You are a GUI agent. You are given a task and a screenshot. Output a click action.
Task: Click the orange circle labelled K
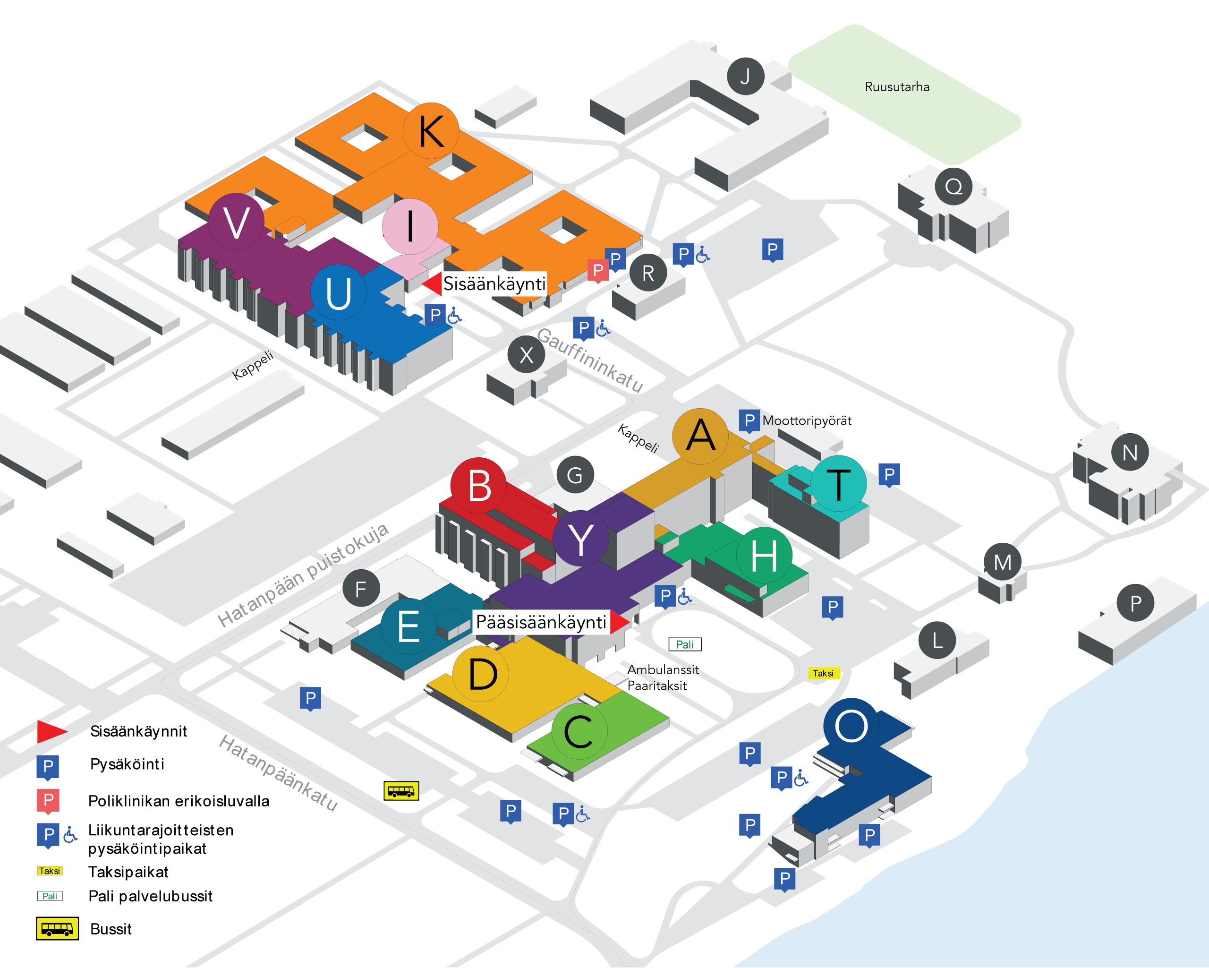pyautogui.click(x=431, y=131)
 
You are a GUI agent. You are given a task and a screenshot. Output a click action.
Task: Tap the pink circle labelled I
pyautogui.click(x=410, y=226)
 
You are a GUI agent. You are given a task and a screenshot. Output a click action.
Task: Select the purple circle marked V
pyautogui.click(x=236, y=222)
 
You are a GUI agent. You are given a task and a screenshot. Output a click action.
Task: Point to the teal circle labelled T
pyautogui.click(x=838, y=483)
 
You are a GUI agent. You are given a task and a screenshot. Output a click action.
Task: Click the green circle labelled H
pyautogui.click(x=764, y=555)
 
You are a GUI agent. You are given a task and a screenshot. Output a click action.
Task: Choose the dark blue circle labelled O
pyautogui.click(x=851, y=726)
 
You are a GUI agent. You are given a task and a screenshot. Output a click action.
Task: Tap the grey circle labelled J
pyautogui.click(x=745, y=76)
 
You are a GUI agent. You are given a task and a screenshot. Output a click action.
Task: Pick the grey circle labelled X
pyautogui.click(x=526, y=354)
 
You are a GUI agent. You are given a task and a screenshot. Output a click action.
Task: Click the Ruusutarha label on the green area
pyautogui.click(x=897, y=87)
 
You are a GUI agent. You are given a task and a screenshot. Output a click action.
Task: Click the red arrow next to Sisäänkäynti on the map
pyautogui.click(x=432, y=284)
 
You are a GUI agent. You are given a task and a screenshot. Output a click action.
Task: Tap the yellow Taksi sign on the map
pyautogui.click(x=823, y=673)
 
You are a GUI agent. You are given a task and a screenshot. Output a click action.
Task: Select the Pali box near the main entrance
pyautogui.click(x=685, y=644)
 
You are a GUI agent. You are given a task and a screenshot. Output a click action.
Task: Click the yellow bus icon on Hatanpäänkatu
pyautogui.click(x=401, y=791)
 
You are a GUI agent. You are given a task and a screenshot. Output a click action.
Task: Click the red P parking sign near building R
pyautogui.click(x=598, y=270)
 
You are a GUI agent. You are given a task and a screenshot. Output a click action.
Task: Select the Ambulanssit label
pyautogui.click(x=663, y=669)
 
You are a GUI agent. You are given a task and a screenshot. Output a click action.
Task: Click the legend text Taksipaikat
pyautogui.click(x=128, y=872)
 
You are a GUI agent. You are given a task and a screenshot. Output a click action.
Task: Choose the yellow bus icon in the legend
pyautogui.click(x=57, y=929)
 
